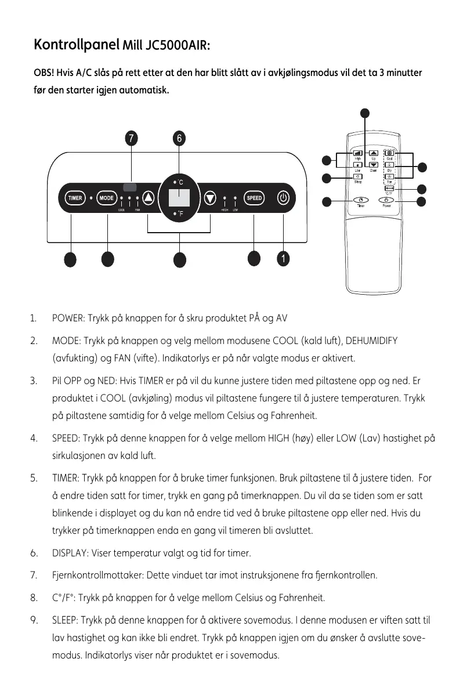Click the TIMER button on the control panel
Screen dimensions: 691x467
(x=75, y=198)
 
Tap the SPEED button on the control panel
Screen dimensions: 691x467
(x=255, y=198)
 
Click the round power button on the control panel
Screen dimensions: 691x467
(x=283, y=198)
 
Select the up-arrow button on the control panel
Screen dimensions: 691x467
(x=149, y=198)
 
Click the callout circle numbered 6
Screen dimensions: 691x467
(x=179, y=139)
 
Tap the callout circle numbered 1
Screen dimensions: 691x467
(x=283, y=258)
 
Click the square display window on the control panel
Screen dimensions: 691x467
(x=179, y=198)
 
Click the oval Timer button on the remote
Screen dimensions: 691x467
(x=361, y=200)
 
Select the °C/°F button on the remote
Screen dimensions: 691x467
(x=390, y=187)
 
